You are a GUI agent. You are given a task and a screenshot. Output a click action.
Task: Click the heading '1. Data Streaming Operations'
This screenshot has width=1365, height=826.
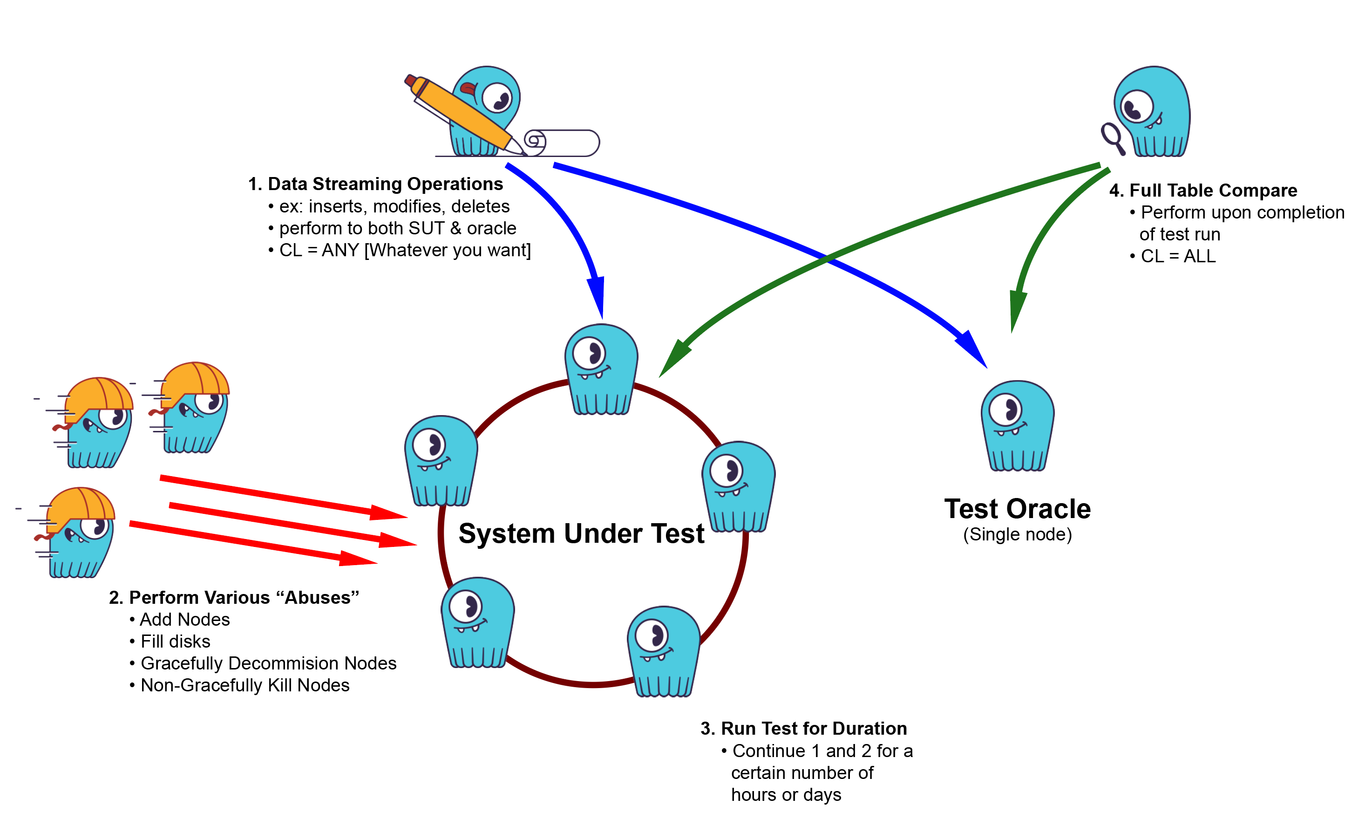coord(376,184)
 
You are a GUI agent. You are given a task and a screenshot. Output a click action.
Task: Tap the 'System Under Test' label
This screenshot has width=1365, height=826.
coord(581,533)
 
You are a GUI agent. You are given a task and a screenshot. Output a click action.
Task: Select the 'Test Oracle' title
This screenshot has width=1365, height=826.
coord(1017,509)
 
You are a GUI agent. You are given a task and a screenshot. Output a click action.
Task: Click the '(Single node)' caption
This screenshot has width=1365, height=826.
coord(1017,535)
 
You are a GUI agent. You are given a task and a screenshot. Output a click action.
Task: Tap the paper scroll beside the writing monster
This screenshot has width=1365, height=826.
coord(562,143)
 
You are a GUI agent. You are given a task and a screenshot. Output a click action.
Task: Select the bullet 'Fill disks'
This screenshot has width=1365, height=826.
coord(175,641)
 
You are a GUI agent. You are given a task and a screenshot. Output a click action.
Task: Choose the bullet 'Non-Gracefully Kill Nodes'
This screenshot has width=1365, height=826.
coord(244,685)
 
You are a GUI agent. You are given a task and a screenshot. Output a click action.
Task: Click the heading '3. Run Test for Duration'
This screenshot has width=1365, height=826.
coord(803,728)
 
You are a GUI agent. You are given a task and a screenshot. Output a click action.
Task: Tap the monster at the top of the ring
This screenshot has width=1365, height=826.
coord(601,369)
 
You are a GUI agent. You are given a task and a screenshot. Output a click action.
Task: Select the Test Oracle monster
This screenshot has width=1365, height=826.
coord(1017,425)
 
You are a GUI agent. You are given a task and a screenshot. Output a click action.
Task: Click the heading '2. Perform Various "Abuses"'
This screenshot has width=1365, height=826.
coord(234,597)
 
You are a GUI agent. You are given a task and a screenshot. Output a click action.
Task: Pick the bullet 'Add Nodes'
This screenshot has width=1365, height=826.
coord(184,619)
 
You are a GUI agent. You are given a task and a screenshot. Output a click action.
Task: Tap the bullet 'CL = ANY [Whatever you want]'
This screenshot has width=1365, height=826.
coord(404,250)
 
